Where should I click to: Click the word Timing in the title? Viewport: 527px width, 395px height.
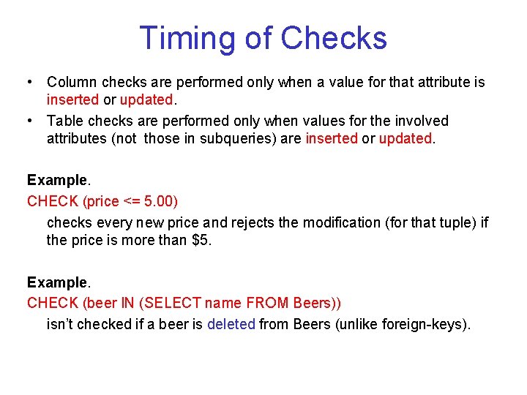[183, 38]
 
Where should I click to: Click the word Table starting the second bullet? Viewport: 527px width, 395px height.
[67, 121]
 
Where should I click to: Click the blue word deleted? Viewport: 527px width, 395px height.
[231, 323]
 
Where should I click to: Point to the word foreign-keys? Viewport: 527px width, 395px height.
[424, 323]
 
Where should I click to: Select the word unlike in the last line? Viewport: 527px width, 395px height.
[357, 323]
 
